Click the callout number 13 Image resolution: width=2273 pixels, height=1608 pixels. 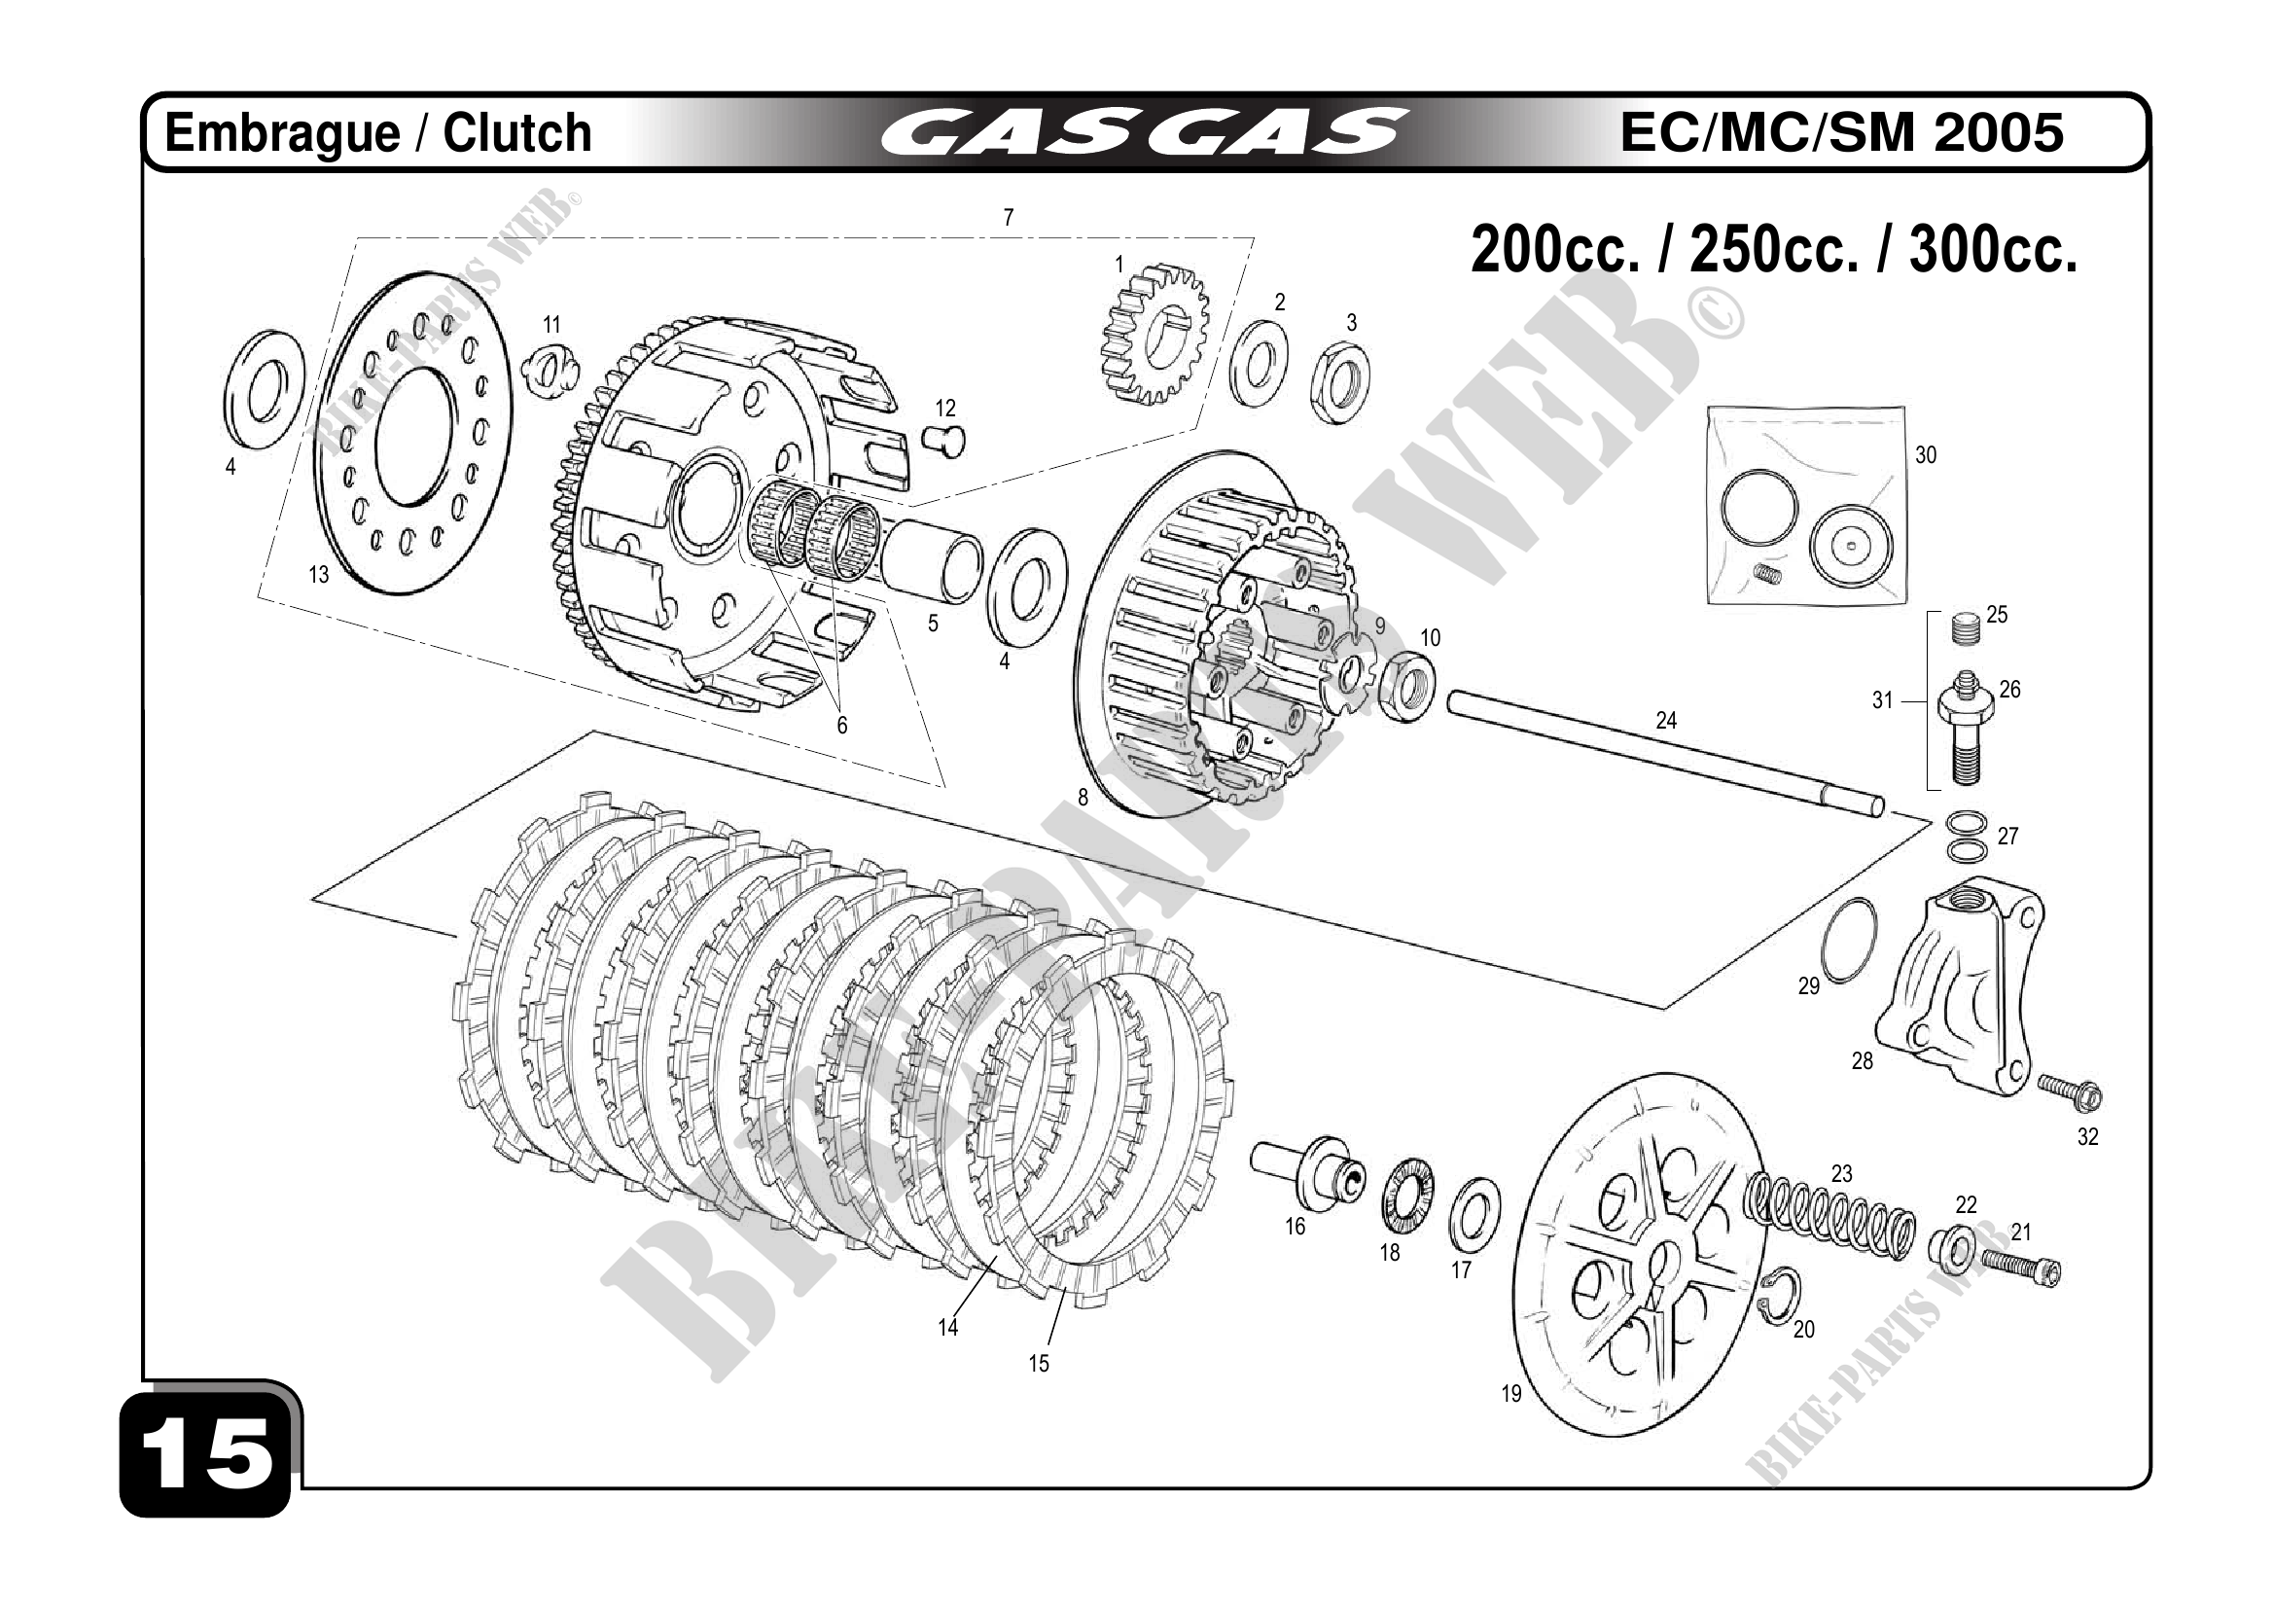pyautogui.click(x=318, y=574)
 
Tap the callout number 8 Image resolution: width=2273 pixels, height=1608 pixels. pyautogui.click(x=1083, y=797)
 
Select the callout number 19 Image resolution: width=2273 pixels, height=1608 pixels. pyautogui.click(x=1510, y=1394)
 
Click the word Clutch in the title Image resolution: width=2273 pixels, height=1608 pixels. pyautogui.click(x=516, y=132)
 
